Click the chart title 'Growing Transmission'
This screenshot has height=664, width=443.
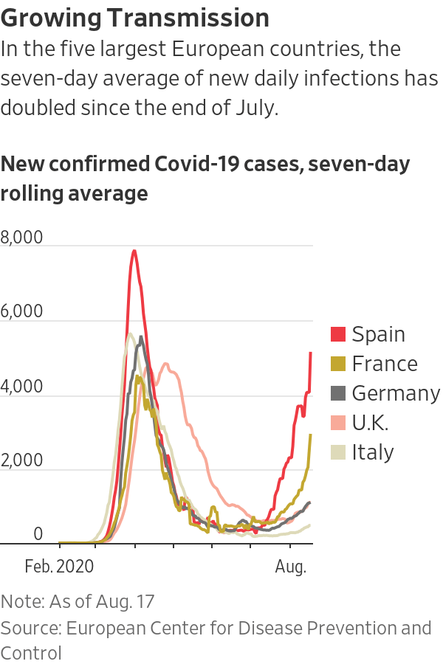tap(135, 17)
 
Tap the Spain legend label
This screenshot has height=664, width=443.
tap(378, 334)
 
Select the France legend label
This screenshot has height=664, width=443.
tap(385, 364)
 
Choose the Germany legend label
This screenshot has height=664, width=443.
tap(396, 393)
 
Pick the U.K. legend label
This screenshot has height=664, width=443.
tap(371, 423)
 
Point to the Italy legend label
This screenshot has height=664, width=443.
tap(373, 452)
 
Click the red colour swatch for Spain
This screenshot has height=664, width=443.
tap(338, 334)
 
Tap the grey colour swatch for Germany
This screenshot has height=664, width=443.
tap(338, 393)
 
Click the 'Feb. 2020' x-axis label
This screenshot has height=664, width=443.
tap(59, 567)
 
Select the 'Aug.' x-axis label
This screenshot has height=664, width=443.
tap(291, 567)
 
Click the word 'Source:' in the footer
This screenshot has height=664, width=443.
tap(31, 628)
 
